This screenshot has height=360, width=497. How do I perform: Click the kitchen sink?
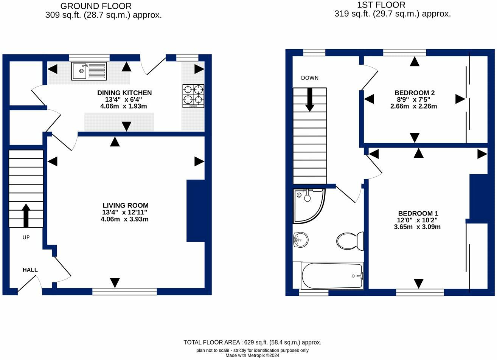(89, 71)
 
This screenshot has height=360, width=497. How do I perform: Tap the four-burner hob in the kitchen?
(193, 96)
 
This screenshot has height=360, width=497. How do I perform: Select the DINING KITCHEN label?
(124, 93)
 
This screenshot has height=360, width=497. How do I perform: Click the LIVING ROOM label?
(125, 205)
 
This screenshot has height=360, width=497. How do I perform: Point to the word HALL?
(30, 270)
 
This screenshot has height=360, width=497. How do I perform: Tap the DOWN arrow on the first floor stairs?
(310, 99)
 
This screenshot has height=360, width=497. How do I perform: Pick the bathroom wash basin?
(301, 239)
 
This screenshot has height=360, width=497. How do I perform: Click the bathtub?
(332, 276)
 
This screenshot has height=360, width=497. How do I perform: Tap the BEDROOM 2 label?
(414, 93)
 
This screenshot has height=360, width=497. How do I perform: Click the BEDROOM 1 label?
(418, 213)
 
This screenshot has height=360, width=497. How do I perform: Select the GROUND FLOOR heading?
(96, 6)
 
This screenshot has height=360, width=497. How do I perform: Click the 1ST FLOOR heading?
(381, 5)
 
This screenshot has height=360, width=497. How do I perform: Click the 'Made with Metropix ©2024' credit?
(252, 355)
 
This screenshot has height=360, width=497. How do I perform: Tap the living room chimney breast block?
(196, 211)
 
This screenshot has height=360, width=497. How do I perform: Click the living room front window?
(124, 291)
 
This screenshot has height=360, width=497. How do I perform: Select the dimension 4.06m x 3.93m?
(124, 219)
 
